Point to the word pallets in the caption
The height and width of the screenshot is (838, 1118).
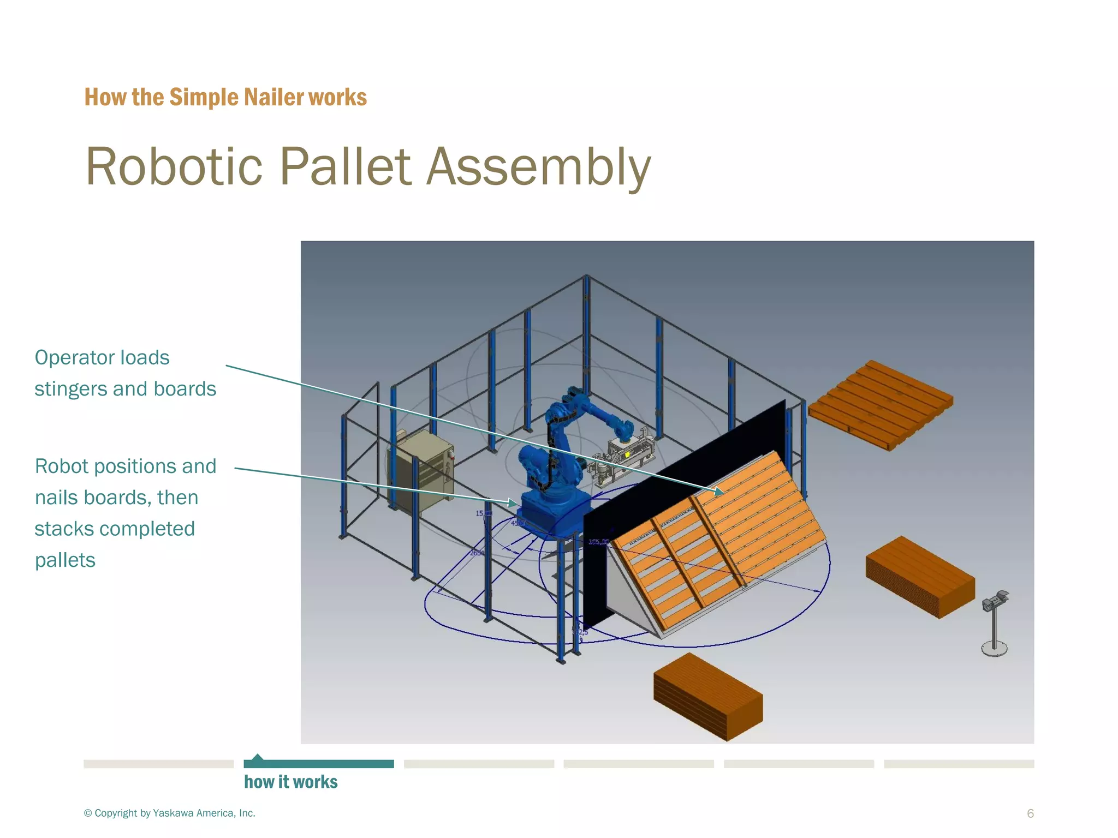click(x=65, y=560)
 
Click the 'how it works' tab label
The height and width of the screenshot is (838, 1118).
click(x=290, y=782)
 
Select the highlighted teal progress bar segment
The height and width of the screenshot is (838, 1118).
click(x=319, y=764)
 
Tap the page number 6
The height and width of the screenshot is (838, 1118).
click(x=1030, y=813)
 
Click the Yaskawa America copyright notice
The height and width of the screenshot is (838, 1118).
click(x=170, y=813)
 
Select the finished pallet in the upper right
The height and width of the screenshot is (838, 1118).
click(x=880, y=404)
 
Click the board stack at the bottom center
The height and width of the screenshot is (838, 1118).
click(x=707, y=697)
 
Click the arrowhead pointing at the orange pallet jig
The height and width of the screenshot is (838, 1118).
click(x=719, y=490)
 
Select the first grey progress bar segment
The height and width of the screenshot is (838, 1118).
click(x=158, y=764)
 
